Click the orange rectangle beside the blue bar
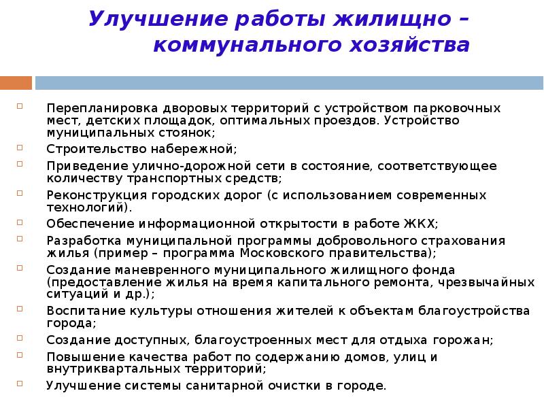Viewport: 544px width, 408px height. (x=16, y=83)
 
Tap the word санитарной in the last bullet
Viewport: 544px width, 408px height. (x=231, y=386)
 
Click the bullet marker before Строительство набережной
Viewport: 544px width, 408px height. (x=21, y=146)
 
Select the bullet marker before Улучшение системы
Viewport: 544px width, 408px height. (x=21, y=384)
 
